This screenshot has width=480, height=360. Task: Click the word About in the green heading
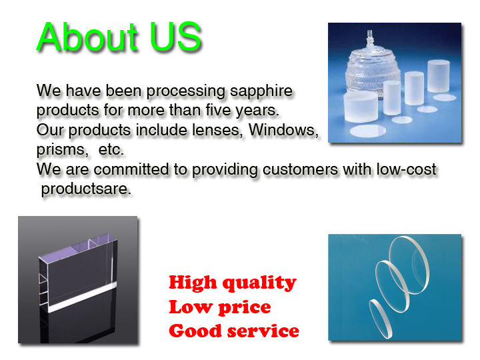87,37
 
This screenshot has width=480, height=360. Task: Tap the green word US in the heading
175,37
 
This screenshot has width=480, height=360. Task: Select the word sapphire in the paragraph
261,91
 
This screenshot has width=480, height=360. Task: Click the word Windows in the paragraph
283,130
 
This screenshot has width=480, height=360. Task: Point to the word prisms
62,150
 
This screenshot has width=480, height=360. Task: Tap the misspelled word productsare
86,189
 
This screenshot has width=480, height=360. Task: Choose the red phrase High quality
233,282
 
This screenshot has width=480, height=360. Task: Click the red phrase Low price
220,307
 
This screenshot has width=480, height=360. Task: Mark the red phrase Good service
234,331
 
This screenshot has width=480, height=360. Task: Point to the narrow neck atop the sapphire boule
371,38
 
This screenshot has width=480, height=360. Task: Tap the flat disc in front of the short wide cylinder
367,131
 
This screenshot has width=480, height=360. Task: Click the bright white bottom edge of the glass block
82,297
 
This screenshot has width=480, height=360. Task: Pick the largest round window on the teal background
409,265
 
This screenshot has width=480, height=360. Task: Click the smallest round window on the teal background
381,319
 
